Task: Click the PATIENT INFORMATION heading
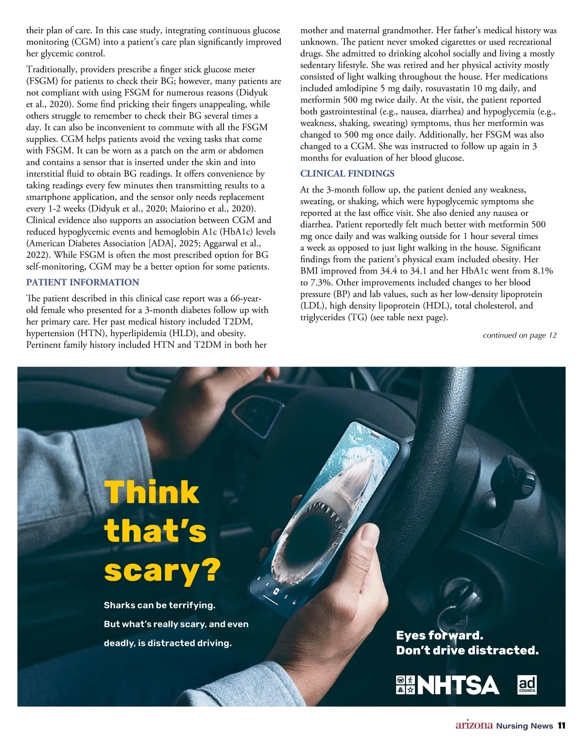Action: [83, 282]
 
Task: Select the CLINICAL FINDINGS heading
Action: [347, 173]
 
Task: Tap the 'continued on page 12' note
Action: [519, 335]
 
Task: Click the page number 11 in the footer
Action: [561, 726]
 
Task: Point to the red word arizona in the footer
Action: [474, 725]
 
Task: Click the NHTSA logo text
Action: [458, 685]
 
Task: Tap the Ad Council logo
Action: [527, 684]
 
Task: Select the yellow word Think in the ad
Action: [152, 493]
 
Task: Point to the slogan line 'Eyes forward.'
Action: [439, 635]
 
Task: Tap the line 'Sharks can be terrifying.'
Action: [159, 605]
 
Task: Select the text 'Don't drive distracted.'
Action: [467, 650]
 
